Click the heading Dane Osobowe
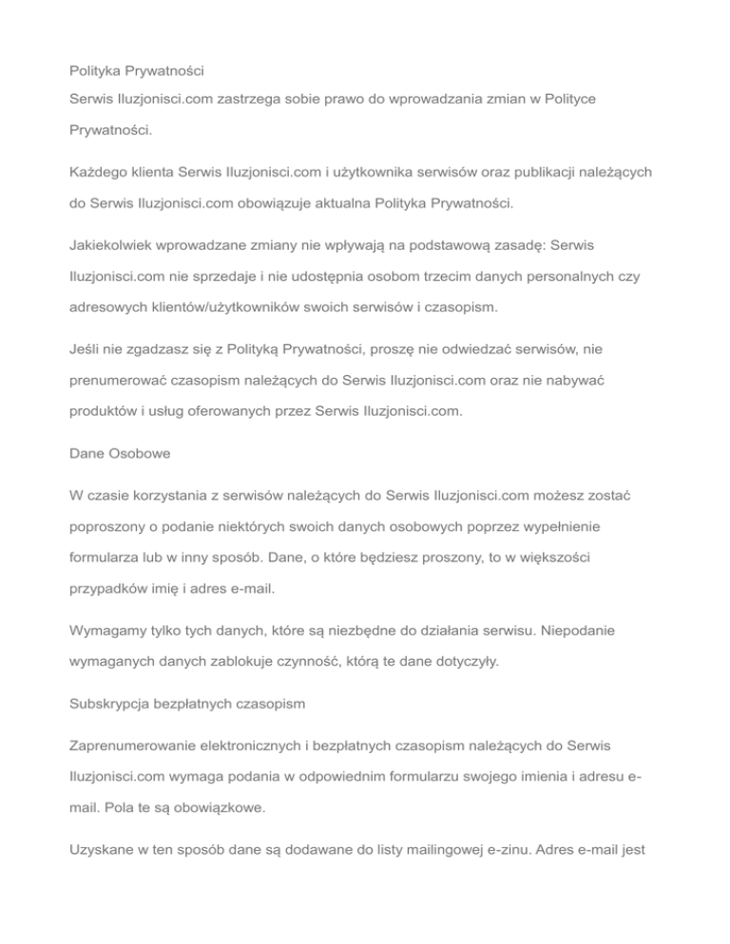pos(120,454)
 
